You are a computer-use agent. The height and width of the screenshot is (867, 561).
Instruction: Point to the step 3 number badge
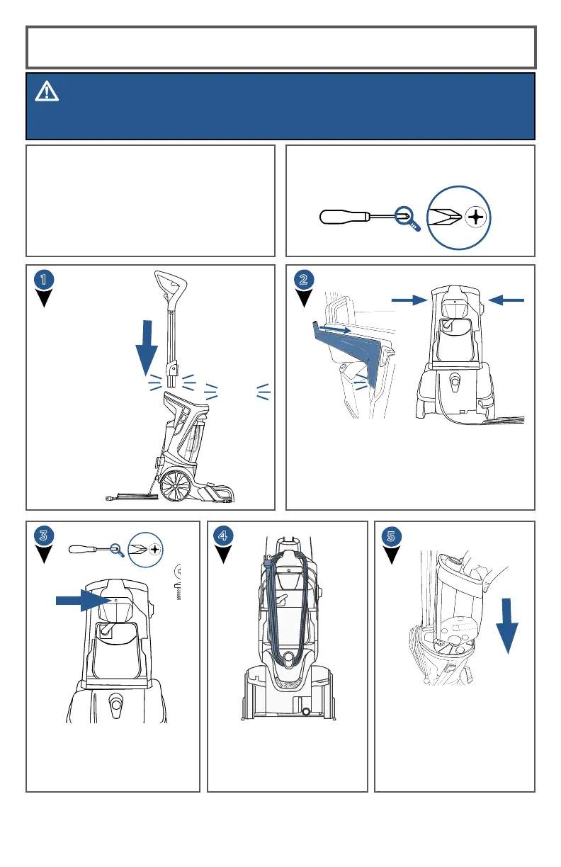pyautogui.click(x=43, y=535)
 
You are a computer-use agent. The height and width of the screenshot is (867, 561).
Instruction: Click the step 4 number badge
pyautogui.click(x=224, y=535)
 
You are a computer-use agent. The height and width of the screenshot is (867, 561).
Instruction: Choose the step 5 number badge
pyautogui.click(x=391, y=535)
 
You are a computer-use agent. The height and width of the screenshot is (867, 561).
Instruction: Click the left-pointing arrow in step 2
pyautogui.click(x=506, y=300)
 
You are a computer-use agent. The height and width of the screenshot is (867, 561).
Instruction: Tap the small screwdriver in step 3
pyautogui.click(x=92, y=548)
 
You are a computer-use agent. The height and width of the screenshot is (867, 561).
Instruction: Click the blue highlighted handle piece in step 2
pyautogui.click(x=347, y=354)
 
